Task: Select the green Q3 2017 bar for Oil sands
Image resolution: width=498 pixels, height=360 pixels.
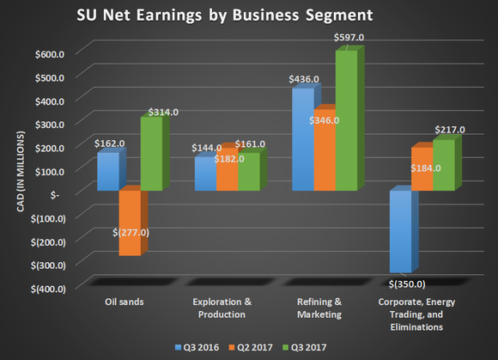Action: point(152,155)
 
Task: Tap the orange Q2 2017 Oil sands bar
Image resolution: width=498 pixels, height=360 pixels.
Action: point(130,222)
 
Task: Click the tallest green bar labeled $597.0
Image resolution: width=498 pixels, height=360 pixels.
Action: point(346,120)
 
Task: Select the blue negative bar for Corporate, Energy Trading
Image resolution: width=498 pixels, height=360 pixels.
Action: point(399,231)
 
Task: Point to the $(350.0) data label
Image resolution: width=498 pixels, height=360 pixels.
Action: point(408,284)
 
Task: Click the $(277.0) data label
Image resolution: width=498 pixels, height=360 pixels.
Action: point(131,232)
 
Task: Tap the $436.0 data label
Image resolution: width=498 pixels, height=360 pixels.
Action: point(304,79)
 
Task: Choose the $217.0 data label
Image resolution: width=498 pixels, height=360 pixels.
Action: point(449,130)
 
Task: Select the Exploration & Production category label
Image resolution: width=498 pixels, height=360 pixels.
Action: point(222,308)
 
